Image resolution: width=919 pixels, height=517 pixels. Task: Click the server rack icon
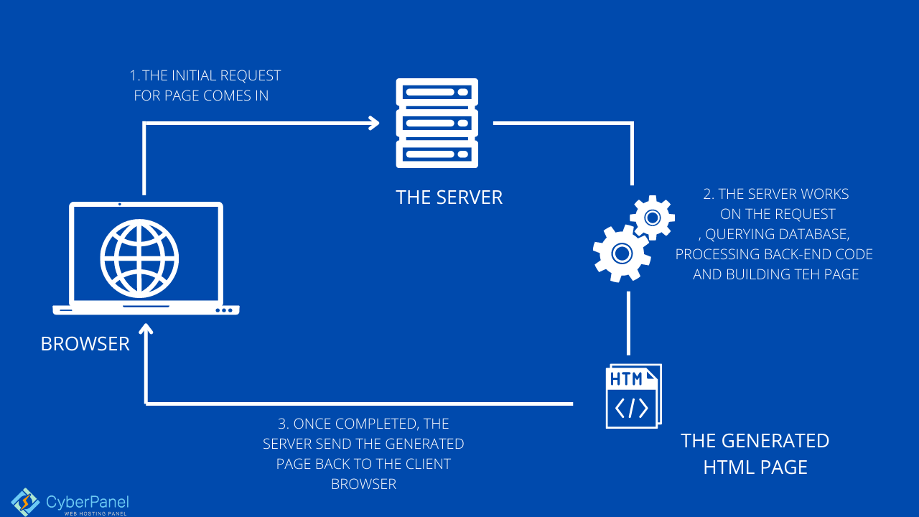[x=437, y=123]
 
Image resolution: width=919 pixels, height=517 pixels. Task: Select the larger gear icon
[x=621, y=253]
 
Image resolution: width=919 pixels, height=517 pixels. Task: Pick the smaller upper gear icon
[x=652, y=217]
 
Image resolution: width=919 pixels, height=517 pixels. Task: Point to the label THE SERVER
[x=449, y=197]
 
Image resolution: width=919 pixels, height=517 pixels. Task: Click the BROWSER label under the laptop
[x=85, y=344]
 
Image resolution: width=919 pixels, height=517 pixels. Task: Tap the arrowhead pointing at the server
[x=373, y=123]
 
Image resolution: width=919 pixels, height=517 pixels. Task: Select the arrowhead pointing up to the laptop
[x=146, y=331]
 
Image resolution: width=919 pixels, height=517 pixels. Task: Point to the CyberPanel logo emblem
[x=25, y=502]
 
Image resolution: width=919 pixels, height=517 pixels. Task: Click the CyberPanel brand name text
[x=87, y=501]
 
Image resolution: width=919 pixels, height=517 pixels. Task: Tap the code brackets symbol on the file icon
[x=632, y=408]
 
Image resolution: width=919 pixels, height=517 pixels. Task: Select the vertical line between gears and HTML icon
[x=629, y=322]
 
